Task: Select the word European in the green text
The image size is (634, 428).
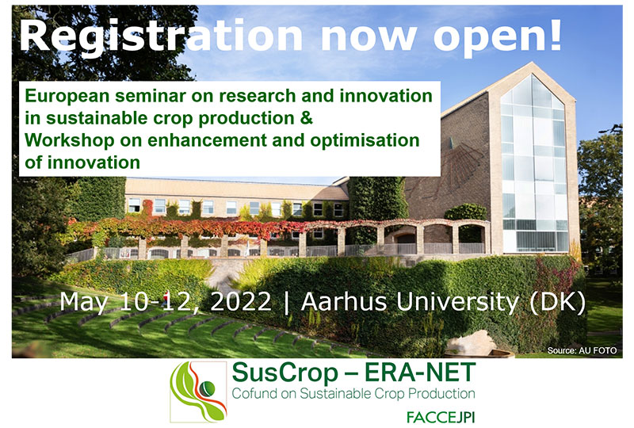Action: [67, 97]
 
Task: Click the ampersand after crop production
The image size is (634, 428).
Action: [307, 118]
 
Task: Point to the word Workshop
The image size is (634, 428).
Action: [70, 141]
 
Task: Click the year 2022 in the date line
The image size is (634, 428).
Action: [241, 302]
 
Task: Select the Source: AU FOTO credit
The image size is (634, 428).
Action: [582, 350]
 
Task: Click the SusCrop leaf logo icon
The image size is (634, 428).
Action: [198, 392]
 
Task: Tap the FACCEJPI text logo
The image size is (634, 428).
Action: [441, 417]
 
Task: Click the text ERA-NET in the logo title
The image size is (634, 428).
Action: [420, 373]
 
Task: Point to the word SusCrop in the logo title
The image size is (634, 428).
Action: [285, 373]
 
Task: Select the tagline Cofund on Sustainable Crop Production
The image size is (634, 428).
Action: [353, 394]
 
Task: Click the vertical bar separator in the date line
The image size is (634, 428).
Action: [286, 303]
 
